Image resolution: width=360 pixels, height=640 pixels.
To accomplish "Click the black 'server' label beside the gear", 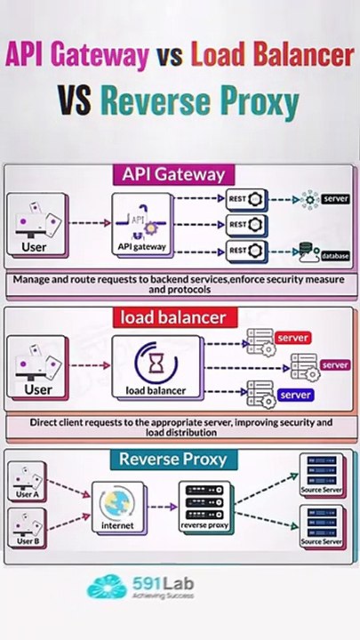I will tap(334, 197).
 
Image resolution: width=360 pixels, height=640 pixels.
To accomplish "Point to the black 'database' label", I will tap(335, 256).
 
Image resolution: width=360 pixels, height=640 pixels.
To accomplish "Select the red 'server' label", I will tap(292, 339).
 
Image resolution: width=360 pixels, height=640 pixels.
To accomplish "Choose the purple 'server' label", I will tap(335, 364).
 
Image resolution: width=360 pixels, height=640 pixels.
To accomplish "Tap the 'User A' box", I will tap(28, 486).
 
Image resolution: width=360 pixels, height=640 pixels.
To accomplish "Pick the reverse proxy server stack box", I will tap(206, 508).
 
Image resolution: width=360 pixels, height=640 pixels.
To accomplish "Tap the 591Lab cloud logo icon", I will tap(106, 588).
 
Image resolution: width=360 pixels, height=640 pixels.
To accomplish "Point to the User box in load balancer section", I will tap(37, 367).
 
